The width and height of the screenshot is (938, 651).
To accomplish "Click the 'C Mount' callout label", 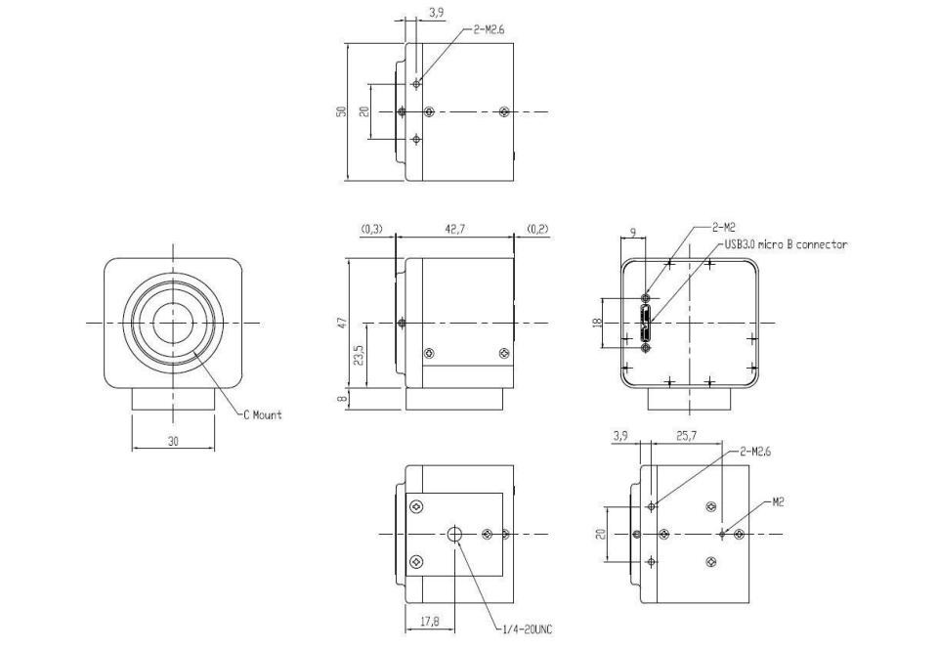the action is click(262, 414).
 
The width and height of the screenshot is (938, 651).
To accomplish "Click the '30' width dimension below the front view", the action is click(173, 442).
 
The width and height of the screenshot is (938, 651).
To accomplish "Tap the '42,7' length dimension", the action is click(454, 229).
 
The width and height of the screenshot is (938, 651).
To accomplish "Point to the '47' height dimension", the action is click(342, 323).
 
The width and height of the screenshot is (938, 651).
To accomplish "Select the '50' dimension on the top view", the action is click(341, 111).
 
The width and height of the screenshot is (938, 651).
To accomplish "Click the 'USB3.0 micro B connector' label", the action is click(786, 244).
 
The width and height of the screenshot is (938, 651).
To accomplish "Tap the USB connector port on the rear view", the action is click(646, 323).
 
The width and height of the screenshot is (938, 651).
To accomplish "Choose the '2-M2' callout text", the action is click(723, 227).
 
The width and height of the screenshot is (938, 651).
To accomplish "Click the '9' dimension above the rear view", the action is click(633, 231).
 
